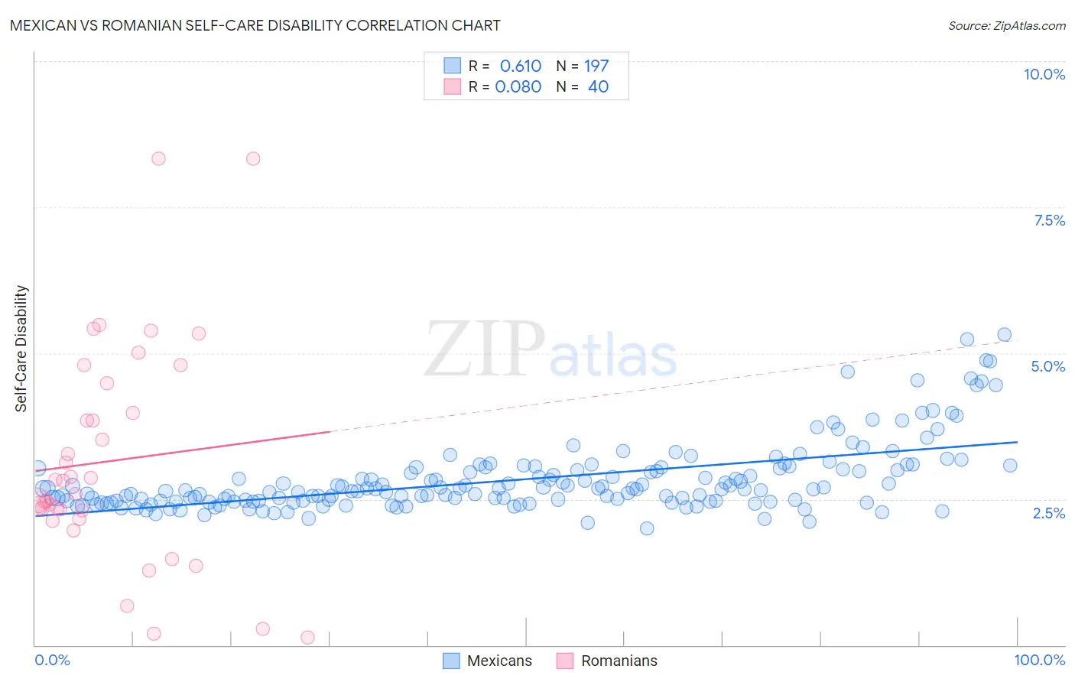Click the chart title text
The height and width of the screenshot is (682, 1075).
pos(255,25)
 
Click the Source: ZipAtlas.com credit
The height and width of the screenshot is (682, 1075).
pos(1006,25)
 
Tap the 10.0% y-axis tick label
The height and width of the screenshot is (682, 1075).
pos(1044,74)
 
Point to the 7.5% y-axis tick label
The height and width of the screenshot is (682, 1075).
pos(1049,220)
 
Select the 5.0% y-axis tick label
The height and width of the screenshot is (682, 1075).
pos(1047,366)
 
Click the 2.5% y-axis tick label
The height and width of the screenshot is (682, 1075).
pos(1048,513)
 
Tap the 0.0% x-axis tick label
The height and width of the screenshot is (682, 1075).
pos(52,660)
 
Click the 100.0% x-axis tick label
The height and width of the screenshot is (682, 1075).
pos(1039,660)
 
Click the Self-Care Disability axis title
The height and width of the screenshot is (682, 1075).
pos(21,349)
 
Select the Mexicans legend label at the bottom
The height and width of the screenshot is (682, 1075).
pos(499,661)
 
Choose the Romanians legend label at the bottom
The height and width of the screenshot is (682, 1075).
pos(619,661)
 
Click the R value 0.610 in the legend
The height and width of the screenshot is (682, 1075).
pos(520,66)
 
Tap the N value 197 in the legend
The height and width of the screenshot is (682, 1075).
pos(596,66)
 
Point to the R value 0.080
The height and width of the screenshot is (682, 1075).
pos(518,86)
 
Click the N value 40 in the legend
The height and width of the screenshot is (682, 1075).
pos(598,86)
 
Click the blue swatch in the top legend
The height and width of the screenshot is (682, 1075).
pos(453,66)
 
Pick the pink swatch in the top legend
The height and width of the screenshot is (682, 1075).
pos(453,86)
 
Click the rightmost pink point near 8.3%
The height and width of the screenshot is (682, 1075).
pos(253,158)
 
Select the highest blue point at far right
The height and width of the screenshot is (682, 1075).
pos(1004,334)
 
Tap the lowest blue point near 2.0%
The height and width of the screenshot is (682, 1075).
pos(647,528)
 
